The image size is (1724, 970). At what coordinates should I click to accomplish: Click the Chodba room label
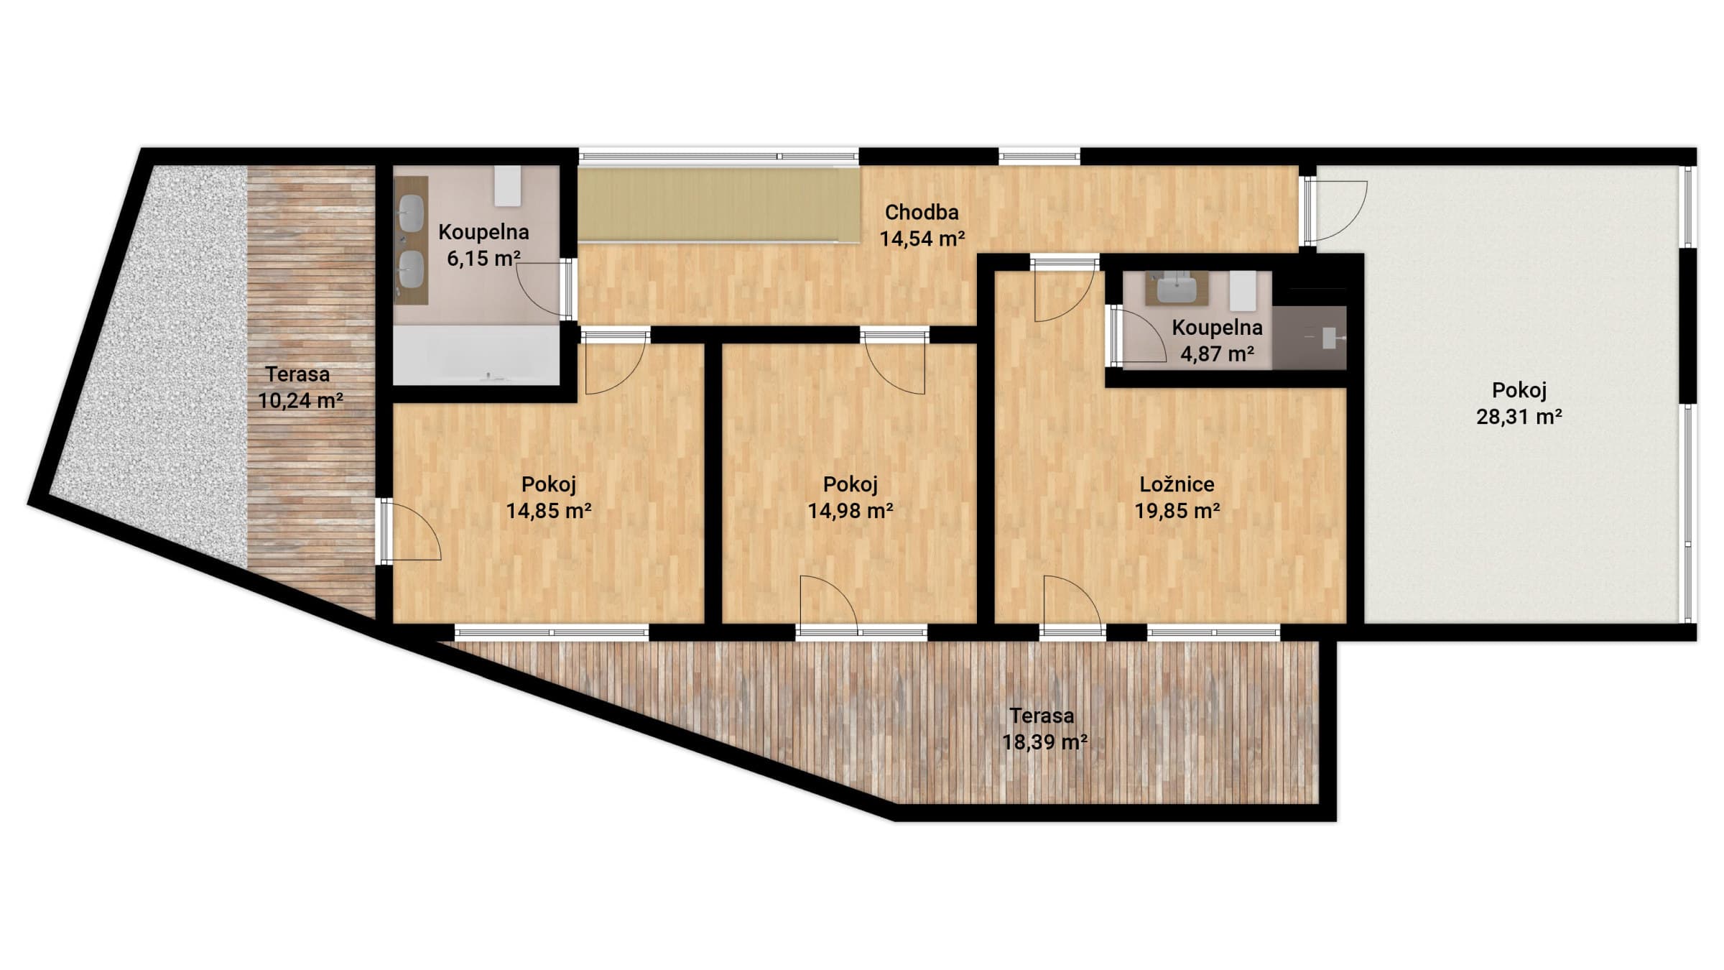pyautogui.click(x=922, y=212)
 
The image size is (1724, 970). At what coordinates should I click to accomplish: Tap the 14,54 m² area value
pyautogui.click(x=922, y=239)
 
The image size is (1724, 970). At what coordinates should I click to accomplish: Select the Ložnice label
pyautogui.click(x=1177, y=484)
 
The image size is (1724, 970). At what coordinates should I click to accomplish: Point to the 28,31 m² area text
pyautogui.click(x=1519, y=417)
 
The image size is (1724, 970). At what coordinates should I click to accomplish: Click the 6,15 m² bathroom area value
pyautogui.click(x=483, y=258)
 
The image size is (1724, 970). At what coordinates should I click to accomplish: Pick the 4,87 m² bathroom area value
pyautogui.click(x=1218, y=354)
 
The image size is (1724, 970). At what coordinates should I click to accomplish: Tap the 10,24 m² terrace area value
pyautogui.click(x=300, y=401)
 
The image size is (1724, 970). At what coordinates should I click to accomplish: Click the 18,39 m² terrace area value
pyautogui.click(x=1044, y=742)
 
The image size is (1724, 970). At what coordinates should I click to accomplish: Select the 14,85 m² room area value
pyautogui.click(x=549, y=511)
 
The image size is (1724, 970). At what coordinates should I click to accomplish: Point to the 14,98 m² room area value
pyautogui.click(x=851, y=511)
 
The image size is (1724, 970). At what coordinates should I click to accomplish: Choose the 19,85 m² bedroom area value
pyautogui.click(x=1177, y=511)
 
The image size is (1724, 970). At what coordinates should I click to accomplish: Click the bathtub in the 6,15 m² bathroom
pyautogui.click(x=476, y=355)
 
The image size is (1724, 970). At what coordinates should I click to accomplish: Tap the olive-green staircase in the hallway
pyautogui.click(x=719, y=205)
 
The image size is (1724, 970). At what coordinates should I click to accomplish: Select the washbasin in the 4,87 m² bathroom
pyautogui.click(x=1177, y=289)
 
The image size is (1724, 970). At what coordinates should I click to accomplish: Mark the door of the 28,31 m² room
pyautogui.click(x=1336, y=211)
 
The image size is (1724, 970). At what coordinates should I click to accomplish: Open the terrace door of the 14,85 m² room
pyautogui.click(x=411, y=530)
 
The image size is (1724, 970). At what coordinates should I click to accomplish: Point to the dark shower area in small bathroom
pyautogui.click(x=1310, y=338)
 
